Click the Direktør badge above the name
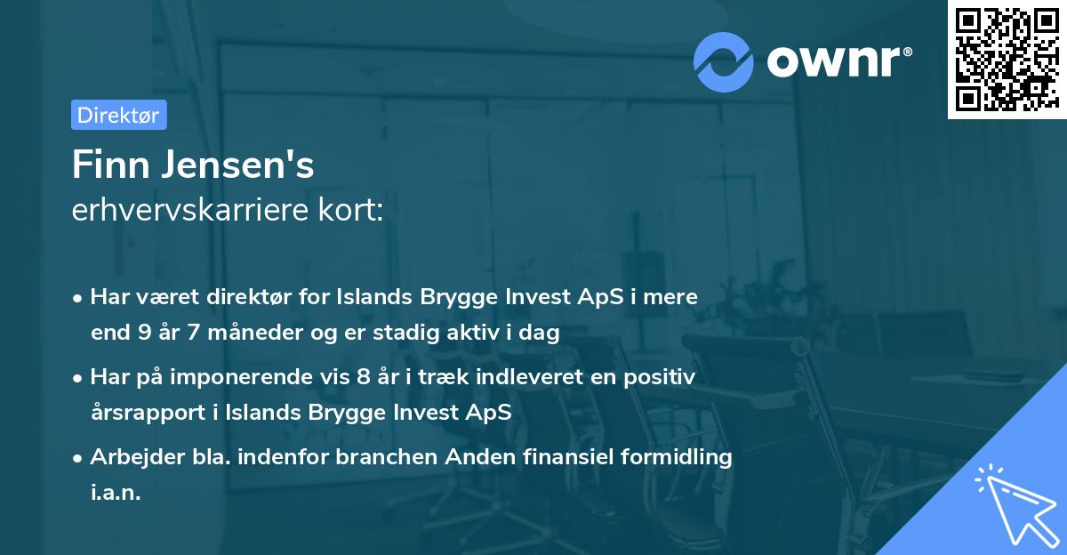tap(118, 115)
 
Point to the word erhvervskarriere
tap(183, 211)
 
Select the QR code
tap(1006, 59)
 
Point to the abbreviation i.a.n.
tap(116, 493)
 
